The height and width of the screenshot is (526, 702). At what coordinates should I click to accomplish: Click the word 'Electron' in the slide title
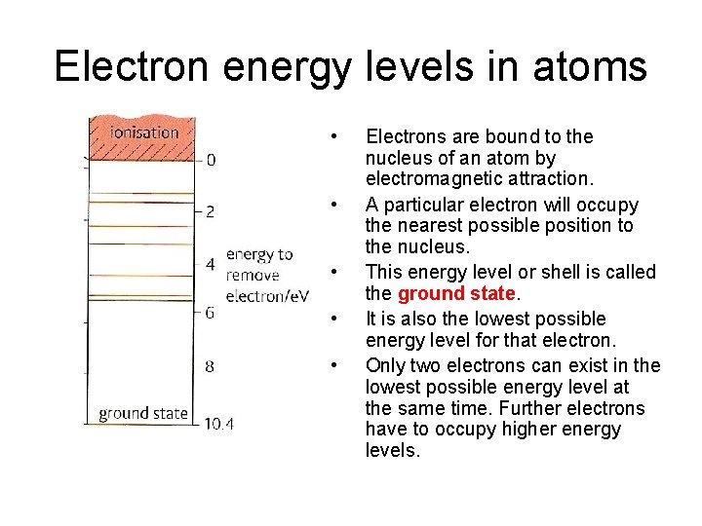(x=132, y=66)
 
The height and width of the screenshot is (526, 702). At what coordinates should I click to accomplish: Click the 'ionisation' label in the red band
(x=144, y=131)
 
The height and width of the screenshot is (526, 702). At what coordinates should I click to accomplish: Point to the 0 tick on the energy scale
(x=212, y=160)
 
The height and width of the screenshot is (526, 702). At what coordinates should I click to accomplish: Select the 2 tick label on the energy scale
(x=211, y=210)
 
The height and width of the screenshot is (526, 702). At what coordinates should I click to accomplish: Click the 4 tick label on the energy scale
(x=211, y=264)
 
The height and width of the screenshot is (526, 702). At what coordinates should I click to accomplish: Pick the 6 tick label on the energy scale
(x=211, y=313)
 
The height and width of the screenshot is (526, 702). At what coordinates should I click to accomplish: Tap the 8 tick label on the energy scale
(x=211, y=367)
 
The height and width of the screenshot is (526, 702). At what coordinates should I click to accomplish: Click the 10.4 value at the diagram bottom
(x=219, y=423)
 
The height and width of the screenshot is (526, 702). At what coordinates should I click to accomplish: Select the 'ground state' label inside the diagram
(x=143, y=413)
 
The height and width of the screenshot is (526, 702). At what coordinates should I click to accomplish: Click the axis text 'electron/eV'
(x=267, y=294)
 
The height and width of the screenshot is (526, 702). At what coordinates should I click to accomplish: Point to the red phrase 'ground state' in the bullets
(x=455, y=293)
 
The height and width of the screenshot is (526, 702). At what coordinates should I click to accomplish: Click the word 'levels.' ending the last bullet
(x=393, y=451)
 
